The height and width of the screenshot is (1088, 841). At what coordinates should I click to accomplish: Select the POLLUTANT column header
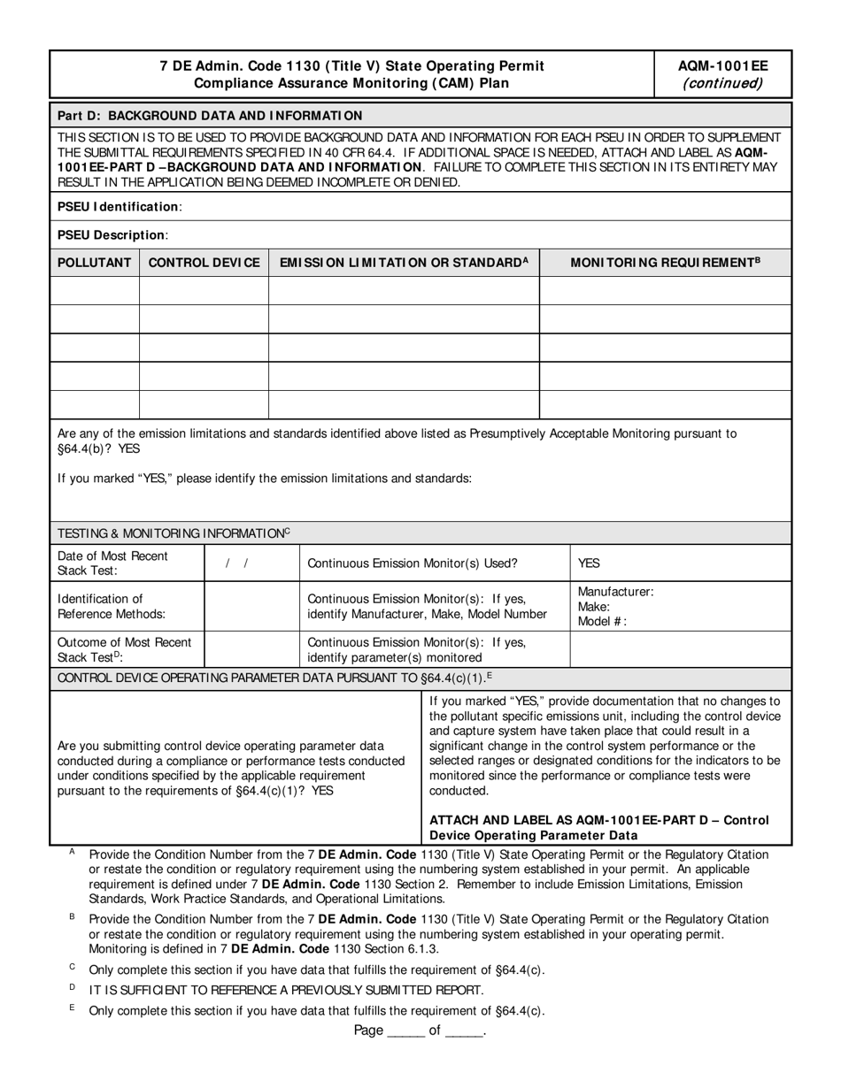point(95,263)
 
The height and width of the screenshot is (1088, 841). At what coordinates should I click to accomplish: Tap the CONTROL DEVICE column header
point(204,263)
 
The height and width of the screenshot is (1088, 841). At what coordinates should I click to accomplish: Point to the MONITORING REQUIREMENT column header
point(665,263)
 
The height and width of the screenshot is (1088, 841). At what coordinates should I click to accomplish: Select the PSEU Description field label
point(112,234)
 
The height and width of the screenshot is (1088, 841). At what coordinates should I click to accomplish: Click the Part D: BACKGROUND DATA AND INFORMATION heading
point(210,115)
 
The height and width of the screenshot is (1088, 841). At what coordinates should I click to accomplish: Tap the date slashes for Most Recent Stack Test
point(236,563)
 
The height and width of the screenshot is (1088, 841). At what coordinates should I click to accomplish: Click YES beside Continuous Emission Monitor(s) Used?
point(589,563)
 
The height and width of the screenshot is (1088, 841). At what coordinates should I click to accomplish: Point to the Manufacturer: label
point(615,592)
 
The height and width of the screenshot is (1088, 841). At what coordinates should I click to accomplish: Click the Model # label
point(602,621)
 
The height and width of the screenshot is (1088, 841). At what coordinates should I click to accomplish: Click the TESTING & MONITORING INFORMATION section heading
point(174,533)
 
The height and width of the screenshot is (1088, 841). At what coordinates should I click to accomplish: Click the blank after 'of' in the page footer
point(464,1031)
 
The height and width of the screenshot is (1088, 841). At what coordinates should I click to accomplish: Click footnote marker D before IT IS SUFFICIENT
point(72,986)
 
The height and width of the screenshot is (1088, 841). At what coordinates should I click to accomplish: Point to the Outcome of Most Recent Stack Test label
point(124,649)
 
